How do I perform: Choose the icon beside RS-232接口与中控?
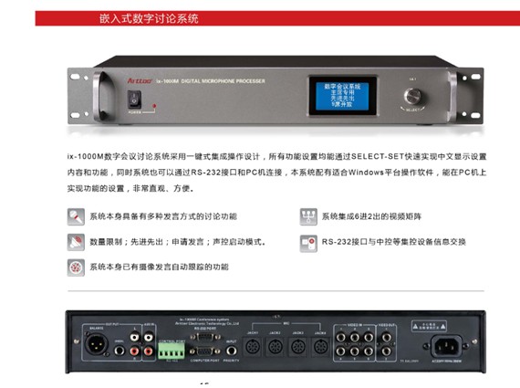(x=307, y=242)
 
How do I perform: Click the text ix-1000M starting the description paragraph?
(x=85, y=156)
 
